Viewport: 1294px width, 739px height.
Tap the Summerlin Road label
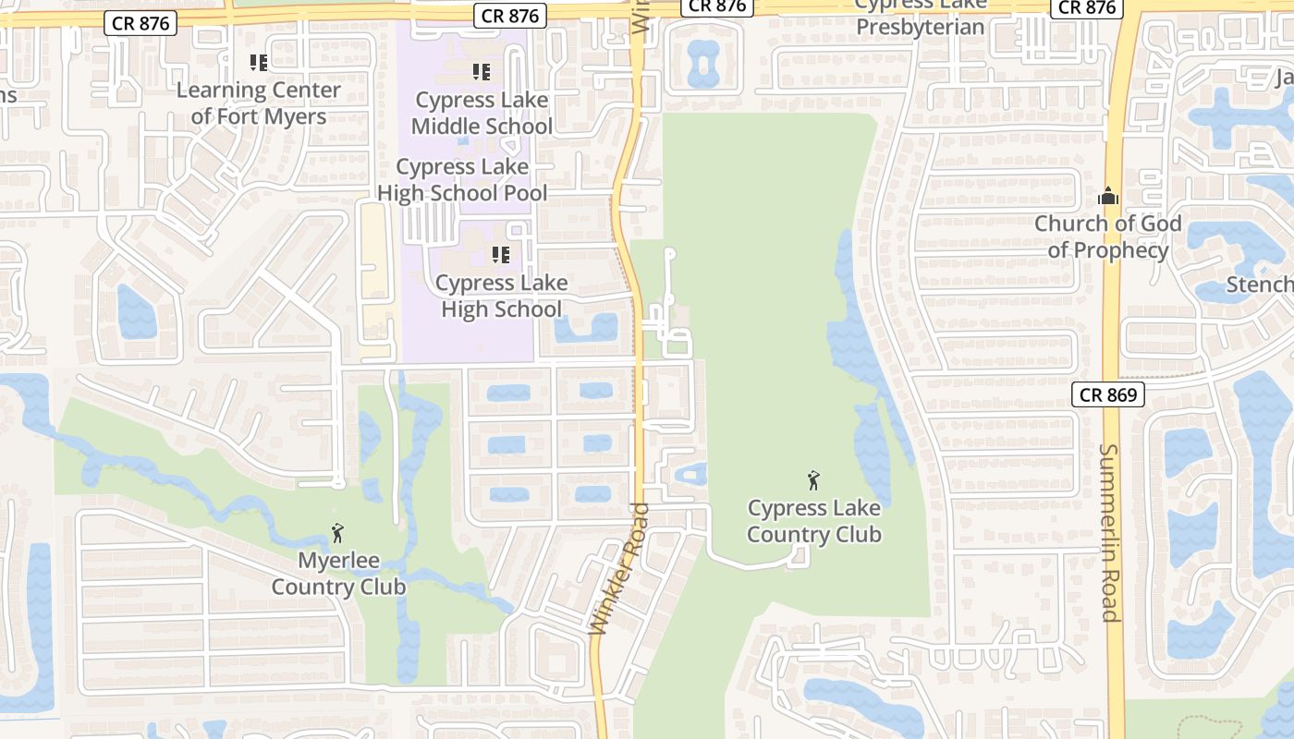click(1109, 533)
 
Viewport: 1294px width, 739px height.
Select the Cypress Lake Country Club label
click(814, 521)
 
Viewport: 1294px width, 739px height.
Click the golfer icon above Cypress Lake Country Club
click(813, 480)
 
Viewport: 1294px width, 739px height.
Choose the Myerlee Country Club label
click(338, 574)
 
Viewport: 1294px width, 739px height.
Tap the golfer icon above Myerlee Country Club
click(337, 533)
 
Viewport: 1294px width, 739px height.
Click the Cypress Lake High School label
click(502, 296)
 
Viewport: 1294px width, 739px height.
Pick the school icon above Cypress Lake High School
click(501, 255)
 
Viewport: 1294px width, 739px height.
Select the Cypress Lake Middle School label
click(482, 113)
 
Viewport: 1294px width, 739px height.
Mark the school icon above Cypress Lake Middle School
click(481, 71)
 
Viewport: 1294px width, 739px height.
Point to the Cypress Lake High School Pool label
click(462, 180)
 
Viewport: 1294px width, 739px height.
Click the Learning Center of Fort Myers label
click(259, 103)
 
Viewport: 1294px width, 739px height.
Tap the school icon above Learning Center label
click(259, 63)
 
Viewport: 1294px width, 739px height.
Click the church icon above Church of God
click(1107, 196)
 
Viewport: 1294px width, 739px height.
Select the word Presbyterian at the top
click(920, 27)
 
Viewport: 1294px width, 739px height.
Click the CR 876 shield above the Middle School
click(510, 16)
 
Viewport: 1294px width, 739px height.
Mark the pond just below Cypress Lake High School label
click(586, 328)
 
